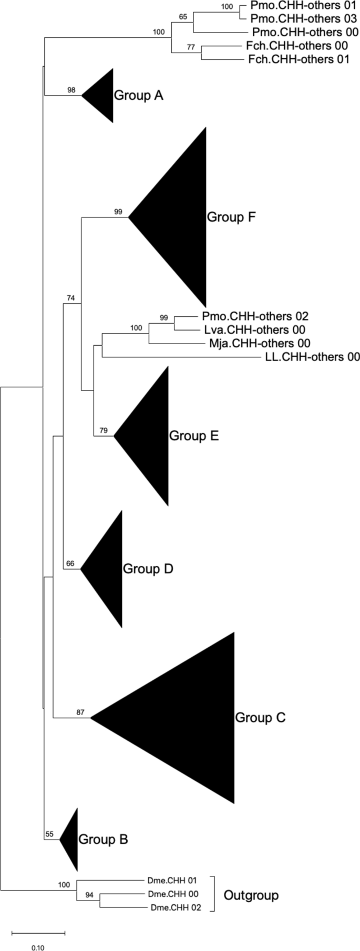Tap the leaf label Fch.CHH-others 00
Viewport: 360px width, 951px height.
coord(296,46)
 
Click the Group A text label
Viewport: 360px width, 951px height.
coord(139,96)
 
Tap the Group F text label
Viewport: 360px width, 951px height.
coord(231,217)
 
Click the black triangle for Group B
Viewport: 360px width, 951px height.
coord(71,839)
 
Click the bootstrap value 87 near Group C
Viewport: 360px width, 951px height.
coord(80,712)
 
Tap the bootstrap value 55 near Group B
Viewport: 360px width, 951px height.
coord(49,834)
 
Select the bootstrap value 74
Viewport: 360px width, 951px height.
coord(71,298)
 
